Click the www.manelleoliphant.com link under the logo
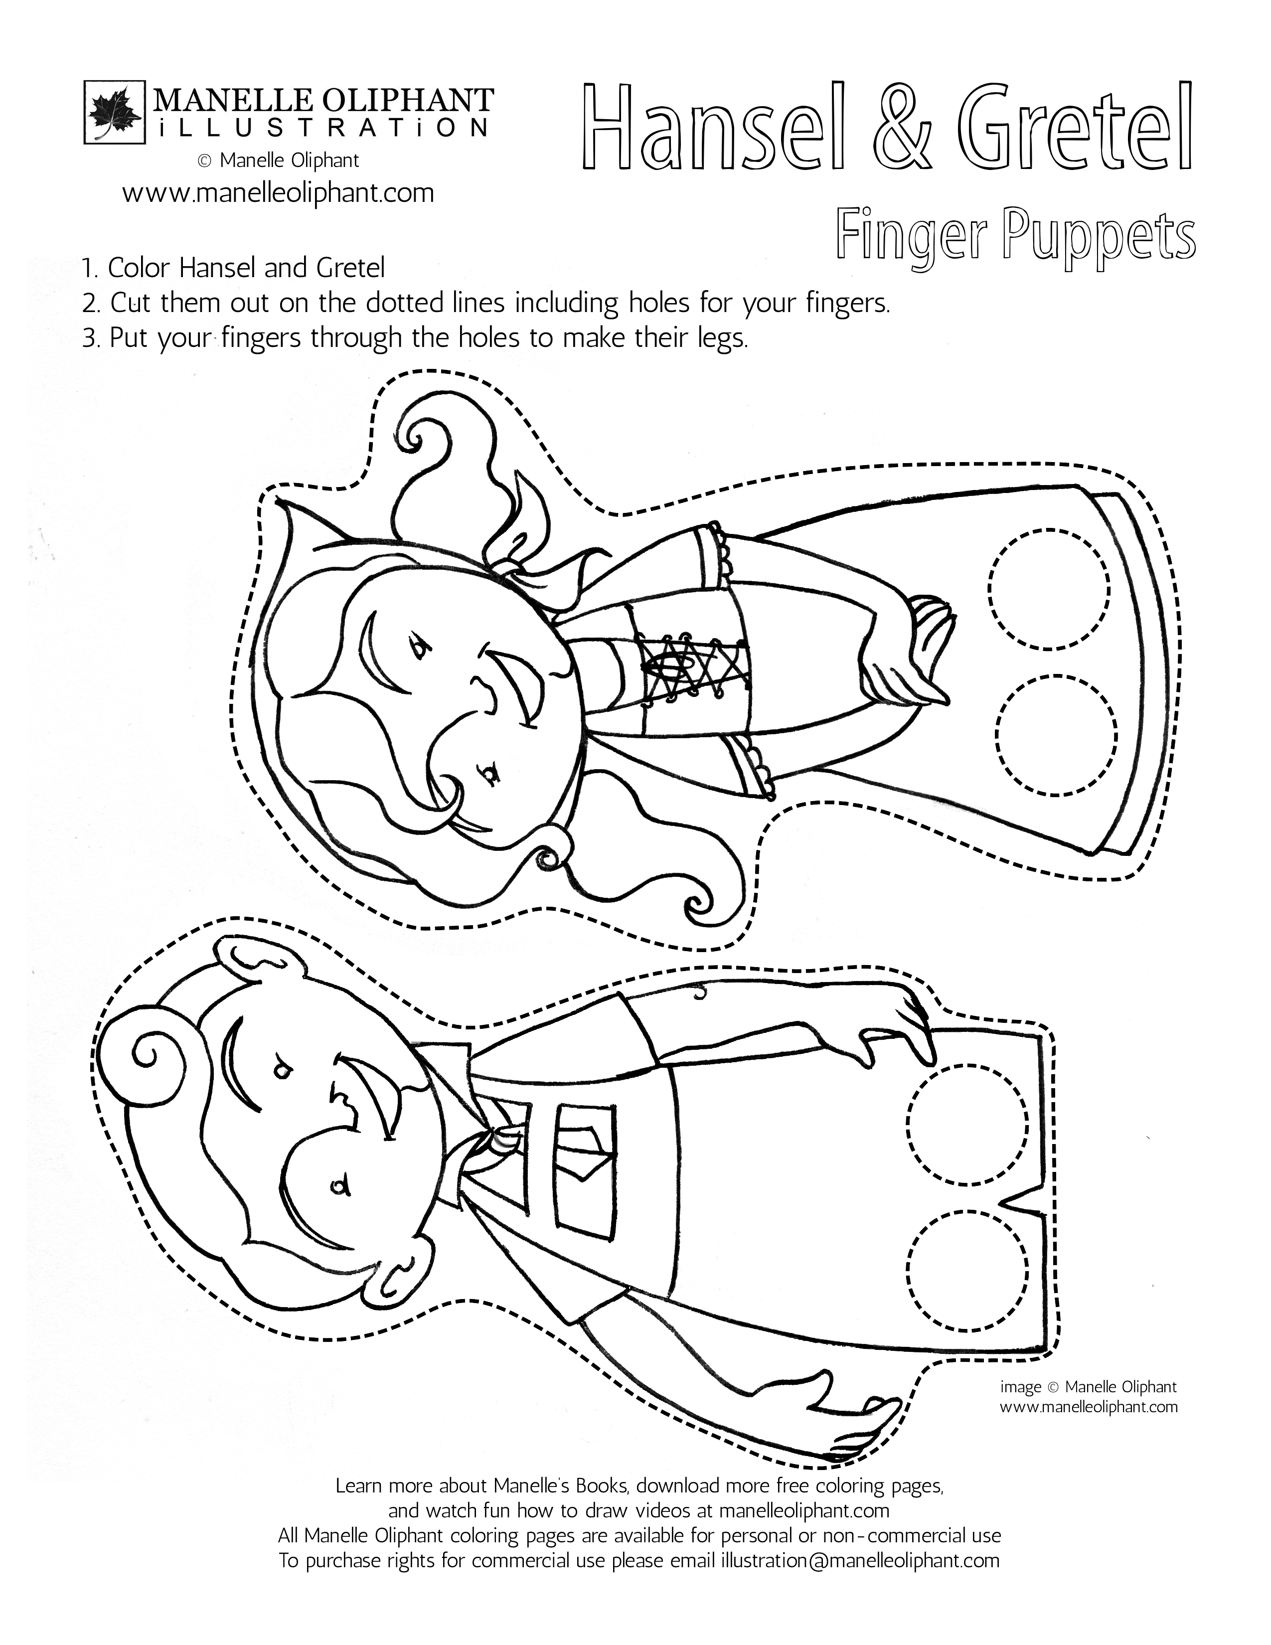coord(278,193)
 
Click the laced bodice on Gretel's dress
coord(693,658)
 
